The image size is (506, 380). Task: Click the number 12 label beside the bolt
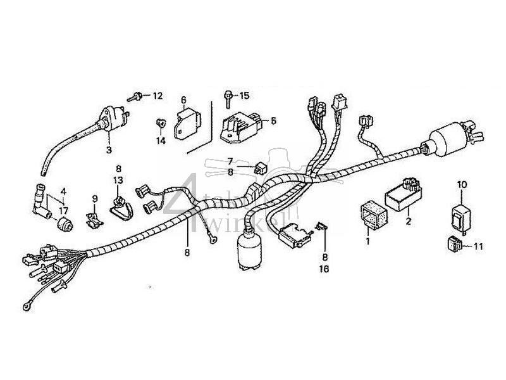[157, 96]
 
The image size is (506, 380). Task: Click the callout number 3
[108, 150]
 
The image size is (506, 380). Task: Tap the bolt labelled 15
[226, 96]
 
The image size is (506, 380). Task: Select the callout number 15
[244, 95]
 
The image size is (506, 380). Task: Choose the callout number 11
[478, 246]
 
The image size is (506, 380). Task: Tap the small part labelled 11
[460, 243]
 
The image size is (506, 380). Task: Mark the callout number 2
[409, 222]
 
